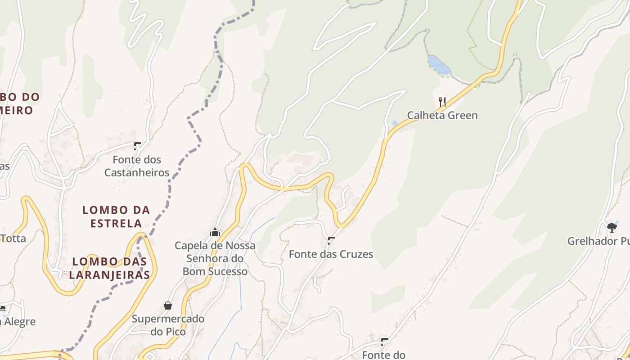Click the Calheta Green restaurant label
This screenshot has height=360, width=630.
(x=442, y=116)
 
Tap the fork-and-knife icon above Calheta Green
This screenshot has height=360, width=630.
(x=442, y=102)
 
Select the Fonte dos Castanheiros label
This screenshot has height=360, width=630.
(x=137, y=166)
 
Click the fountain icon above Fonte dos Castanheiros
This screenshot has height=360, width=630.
(x=137, y=146)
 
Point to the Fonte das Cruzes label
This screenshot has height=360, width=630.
(x=331, y=254)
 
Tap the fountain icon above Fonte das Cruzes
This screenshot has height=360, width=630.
(x=331, y=240)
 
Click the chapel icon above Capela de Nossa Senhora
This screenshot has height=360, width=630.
(x=215, y=232)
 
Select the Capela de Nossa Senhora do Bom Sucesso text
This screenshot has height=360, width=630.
(x=215, y=258)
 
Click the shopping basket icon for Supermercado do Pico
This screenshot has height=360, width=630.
(x=168, y=306)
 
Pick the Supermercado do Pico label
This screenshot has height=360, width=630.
(x=168, y=325)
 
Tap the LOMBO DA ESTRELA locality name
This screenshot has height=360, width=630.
(x=116, y=216)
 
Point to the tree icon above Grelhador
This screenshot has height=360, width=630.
(x=612, y=228)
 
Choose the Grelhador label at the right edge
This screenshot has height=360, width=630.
(x=598, y=241)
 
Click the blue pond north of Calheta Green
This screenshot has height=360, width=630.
(x=439, y=65)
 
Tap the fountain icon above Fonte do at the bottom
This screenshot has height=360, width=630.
(x=384, y=342)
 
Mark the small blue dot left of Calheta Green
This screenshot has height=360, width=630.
(x=395, y=123)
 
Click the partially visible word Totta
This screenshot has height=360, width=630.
(x=13, y=238)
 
